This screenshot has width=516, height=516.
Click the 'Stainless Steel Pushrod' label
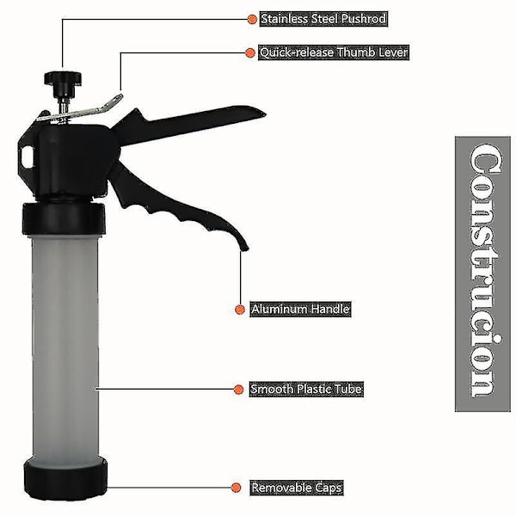click(x=323, y=19)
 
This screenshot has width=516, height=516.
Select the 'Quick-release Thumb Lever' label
click(x=334, y=52)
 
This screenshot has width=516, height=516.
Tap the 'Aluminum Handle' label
click(x=300, y=310)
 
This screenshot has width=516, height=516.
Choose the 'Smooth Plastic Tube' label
click(x=306, y=390)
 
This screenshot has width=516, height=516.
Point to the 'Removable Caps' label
click(x=297, y=488)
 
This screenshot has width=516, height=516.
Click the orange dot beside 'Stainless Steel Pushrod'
click(x=252, y=19)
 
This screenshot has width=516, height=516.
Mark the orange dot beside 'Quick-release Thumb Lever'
click(x=250, y=52)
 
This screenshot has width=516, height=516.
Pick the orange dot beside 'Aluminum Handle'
click(x=240, y=310)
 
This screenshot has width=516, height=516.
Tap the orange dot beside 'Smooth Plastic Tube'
click(x=238, y=390)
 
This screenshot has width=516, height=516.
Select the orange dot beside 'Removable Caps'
click(x=236, y=488)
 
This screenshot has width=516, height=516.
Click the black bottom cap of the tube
click(x=66, y=478)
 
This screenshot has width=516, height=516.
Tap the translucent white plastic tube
click(x=64, y=346)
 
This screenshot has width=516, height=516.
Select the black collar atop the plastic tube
click(x=64, y=218)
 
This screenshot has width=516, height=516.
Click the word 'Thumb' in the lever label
click(x=356, y=52)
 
